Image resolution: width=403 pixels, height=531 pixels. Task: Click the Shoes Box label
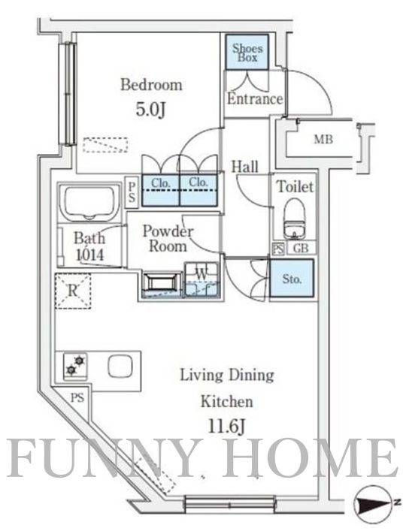[247, 53]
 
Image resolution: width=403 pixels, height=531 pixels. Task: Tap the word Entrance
[255, 99]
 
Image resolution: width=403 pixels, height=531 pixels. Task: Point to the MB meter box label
[323, 139]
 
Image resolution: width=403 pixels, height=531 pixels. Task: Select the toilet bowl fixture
[295, 219]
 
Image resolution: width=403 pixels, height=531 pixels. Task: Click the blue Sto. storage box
[292, 279]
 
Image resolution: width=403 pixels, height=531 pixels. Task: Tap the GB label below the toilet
[301, 249]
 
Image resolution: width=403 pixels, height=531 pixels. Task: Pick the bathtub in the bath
[89, 203]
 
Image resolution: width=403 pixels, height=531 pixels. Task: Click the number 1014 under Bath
[89, 255]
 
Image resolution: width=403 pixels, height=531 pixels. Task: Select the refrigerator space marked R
[73, 291]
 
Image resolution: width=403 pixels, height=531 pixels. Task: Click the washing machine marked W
[201, 279]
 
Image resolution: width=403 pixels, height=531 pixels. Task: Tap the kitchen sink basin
[120, 367]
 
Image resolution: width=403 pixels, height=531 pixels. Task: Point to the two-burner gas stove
[75, 366]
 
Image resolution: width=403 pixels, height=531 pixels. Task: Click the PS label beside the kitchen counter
[77, 398]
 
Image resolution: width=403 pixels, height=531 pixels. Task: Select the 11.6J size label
[226, 427]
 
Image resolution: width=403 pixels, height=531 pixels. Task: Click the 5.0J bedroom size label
[150, 110]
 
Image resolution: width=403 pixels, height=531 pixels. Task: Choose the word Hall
[244, 167]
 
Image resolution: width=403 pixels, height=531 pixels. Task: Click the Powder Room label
[168, 238]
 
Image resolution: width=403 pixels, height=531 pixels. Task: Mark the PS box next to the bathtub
[132, 192]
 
